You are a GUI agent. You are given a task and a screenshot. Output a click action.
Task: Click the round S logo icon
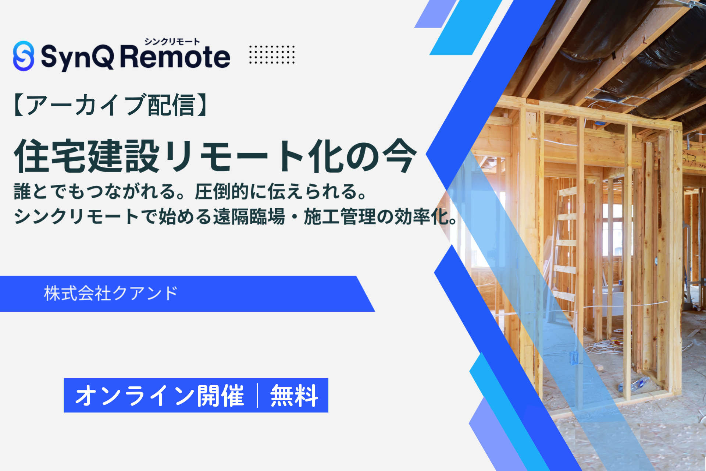point(24,56)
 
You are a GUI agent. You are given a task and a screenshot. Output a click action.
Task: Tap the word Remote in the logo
point(175,57)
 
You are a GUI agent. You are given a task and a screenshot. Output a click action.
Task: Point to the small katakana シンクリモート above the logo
point(172,41)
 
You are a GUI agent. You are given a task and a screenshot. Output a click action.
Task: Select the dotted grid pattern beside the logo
point(272,54)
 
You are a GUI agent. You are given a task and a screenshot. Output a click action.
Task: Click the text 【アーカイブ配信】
point(110,105)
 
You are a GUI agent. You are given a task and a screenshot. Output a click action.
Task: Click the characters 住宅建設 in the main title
point(87,156)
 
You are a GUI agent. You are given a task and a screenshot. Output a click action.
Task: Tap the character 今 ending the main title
point(399,156)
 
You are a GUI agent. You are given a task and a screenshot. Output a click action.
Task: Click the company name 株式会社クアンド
point(111,293)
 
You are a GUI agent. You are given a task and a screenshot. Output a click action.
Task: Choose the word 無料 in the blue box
point(294,396)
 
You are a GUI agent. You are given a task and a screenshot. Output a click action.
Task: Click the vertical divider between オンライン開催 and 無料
point(257,396)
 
